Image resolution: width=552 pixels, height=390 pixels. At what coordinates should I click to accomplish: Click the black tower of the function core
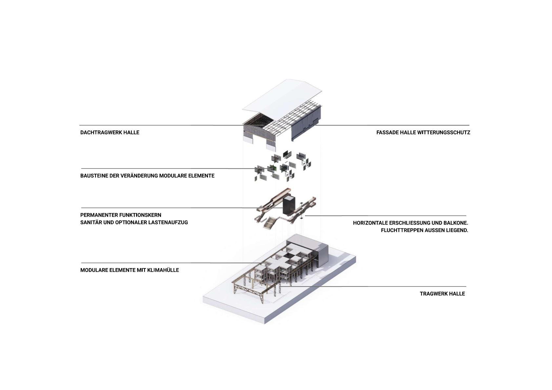click(289, 206)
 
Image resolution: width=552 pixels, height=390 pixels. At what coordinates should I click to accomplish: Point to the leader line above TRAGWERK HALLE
click(374, 286)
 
